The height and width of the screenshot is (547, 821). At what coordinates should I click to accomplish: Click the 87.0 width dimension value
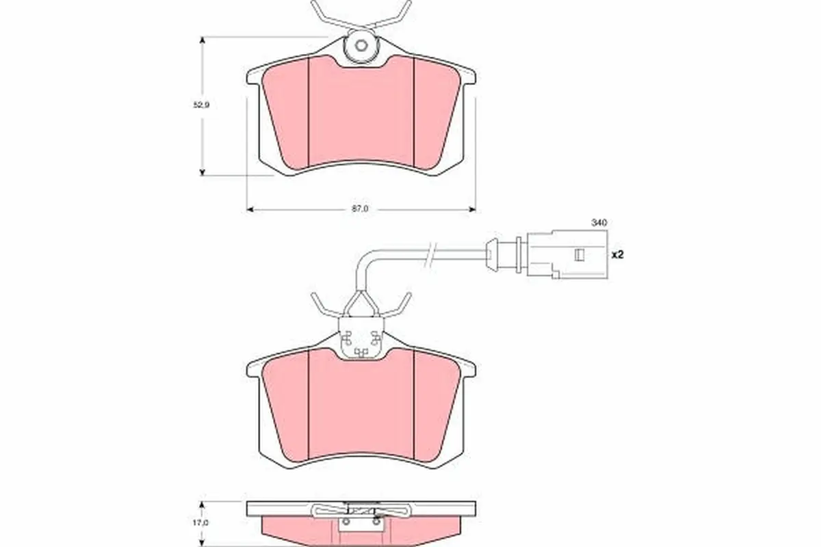360,209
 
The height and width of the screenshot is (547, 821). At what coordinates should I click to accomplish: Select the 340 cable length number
599,223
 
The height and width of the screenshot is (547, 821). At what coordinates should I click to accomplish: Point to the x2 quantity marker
618,254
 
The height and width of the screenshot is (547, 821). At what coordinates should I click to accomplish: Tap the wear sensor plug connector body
566,254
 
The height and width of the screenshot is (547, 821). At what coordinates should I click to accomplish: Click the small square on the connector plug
579,255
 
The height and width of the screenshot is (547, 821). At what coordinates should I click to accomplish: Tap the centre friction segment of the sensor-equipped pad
361,407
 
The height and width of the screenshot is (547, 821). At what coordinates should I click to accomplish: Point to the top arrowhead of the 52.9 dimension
202,41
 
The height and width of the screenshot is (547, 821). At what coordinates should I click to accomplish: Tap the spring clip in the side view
361,509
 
